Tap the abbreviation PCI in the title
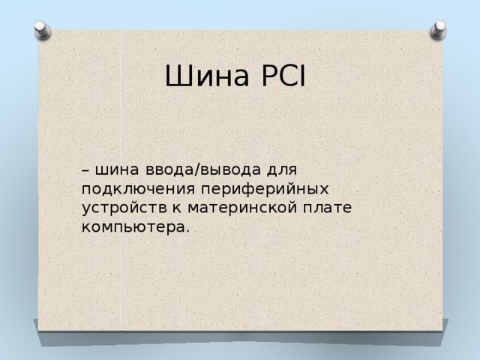[280, 76]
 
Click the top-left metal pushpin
[43, 29]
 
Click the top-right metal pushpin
[438, 29]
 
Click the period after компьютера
[187, 229]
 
